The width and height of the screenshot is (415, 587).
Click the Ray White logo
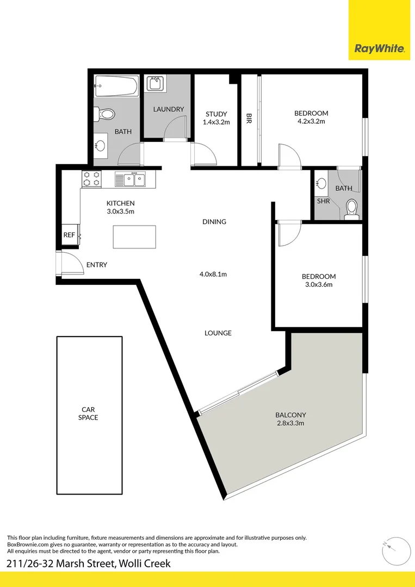pyautogui.click(x=379, y=48)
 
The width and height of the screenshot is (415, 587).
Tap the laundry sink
pyautogui.click(x=156, y=84)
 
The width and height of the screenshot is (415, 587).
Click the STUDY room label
pyautogui.click(x=216, y=114)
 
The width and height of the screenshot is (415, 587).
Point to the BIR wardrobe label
pyautogui.click(x=249, y=118)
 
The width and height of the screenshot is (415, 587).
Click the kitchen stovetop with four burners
pyautogui.click(x=91, y=179)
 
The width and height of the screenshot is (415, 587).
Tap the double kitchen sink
pyautogui.click(x=130, y=179)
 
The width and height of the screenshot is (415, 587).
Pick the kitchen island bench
pyautogui.click(x=134, y=238)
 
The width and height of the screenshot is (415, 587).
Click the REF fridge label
pyautogui.click(x=69, y=235)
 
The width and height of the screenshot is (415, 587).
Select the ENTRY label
pyautogui.click(x=97, y=265)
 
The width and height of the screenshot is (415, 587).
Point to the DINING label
pyautogui.click(x=214, y=222)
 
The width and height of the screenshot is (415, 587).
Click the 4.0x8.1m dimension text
pyautogui.click(x=213, y=274)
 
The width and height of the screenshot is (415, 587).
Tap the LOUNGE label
pyautogui.click(x=218, y=333)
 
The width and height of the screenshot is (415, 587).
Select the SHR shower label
pyautogui.click(x=323, y=201)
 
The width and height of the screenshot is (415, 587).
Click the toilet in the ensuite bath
pyautogui.click(x=352, y=210)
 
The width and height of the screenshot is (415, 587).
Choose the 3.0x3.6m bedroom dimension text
pyautogui.click(x=318, y=284)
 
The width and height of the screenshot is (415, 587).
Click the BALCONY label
pyautogui.click(x=290, y=415)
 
